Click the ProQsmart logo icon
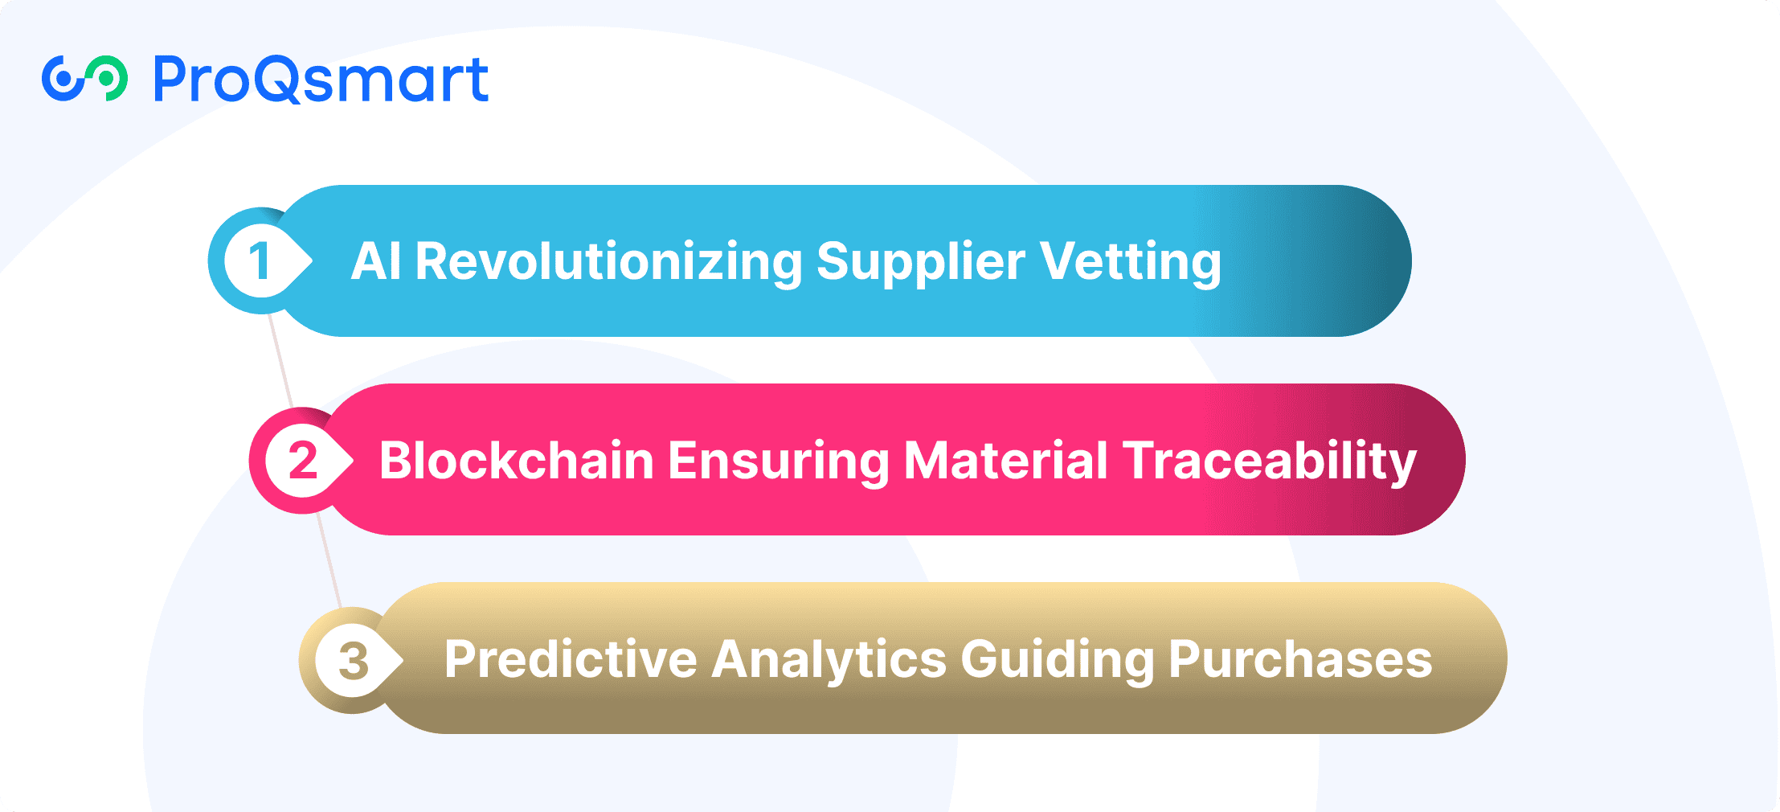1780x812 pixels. (84, 79)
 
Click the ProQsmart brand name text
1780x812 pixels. (321, 80)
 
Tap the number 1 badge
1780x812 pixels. (260, 261)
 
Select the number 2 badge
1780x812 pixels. (301, 461)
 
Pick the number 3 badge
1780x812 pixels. (351, 660)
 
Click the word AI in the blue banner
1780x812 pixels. (376, 261)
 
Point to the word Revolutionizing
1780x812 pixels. (608, 263)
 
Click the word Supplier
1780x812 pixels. (921, 263)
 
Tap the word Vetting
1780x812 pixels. (1130, 263)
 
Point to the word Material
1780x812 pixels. (1006, 461)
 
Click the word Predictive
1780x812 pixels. (571, 660)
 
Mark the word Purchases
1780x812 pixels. (1300, 660)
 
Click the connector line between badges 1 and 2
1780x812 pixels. (280, 361)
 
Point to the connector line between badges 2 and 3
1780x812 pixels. (329, 560)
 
